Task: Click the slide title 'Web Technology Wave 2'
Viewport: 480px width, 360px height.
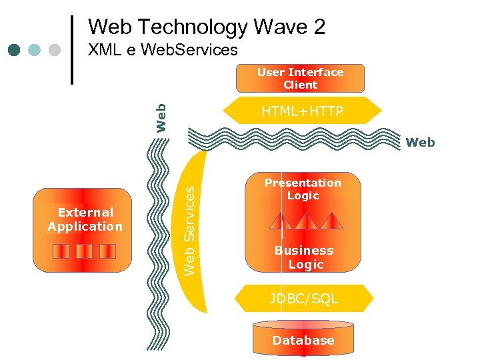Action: point(207,27)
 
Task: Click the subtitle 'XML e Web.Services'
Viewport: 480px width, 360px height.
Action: point(163,50)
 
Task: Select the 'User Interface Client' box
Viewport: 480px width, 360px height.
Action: point(300,79)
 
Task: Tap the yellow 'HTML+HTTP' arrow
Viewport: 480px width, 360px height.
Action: point(301,112)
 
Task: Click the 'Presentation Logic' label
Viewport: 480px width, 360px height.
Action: point(303,189)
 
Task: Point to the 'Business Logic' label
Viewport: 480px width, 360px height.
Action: point(304,257)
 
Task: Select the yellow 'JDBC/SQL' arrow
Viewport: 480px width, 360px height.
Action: point(304,299)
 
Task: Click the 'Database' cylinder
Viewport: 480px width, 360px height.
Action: point(303,341)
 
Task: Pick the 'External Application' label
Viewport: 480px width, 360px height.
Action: point(85,219)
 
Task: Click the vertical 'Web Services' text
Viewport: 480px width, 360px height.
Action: point(189,231)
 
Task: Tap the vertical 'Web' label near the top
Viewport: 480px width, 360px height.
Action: point(161,117)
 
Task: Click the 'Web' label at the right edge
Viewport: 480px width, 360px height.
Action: point(420,142)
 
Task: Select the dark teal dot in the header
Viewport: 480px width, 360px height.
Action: point(15,50)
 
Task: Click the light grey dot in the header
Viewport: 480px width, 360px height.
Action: point(55,50)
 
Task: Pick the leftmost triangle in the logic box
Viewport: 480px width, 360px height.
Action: point(281,221)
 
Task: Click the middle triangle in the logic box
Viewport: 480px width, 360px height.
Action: point(306,221)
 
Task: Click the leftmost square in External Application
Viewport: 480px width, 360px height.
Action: point(61,251)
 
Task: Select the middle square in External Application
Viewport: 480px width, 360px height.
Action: point(84,251)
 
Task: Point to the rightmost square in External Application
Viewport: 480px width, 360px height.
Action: point(107,251)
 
